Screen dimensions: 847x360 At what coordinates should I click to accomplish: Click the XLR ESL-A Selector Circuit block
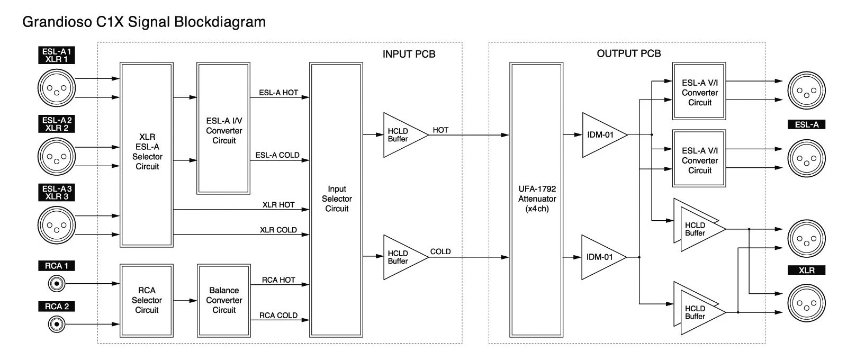click(147, 155)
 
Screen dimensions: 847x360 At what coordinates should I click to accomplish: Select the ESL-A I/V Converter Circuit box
click(223, 128)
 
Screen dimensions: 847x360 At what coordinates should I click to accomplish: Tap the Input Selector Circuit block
click(336, 200)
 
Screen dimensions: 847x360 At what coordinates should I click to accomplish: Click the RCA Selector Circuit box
click(147, 301)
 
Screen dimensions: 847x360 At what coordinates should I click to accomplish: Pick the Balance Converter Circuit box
click(224, 301)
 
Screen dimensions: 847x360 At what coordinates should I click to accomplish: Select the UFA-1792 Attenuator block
click(536, 200)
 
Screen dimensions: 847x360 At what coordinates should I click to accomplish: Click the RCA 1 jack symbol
click(57, 284)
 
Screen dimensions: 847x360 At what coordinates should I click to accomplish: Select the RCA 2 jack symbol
click(57, 324)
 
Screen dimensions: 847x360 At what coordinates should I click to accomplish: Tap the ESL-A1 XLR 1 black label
click(57, 55)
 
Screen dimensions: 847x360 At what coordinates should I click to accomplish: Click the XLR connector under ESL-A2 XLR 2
click(57, 157)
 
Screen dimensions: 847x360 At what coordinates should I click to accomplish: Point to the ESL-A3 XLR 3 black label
click(57, 193)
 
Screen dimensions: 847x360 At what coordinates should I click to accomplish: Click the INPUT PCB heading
click(409, 55)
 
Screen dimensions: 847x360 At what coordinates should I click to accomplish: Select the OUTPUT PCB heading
click(629, 53)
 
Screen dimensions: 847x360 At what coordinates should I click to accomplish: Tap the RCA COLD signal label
click(278, 316)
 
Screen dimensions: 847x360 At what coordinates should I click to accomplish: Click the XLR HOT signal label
click(278, 205)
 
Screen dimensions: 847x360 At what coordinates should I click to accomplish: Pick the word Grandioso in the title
click(57, 22)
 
